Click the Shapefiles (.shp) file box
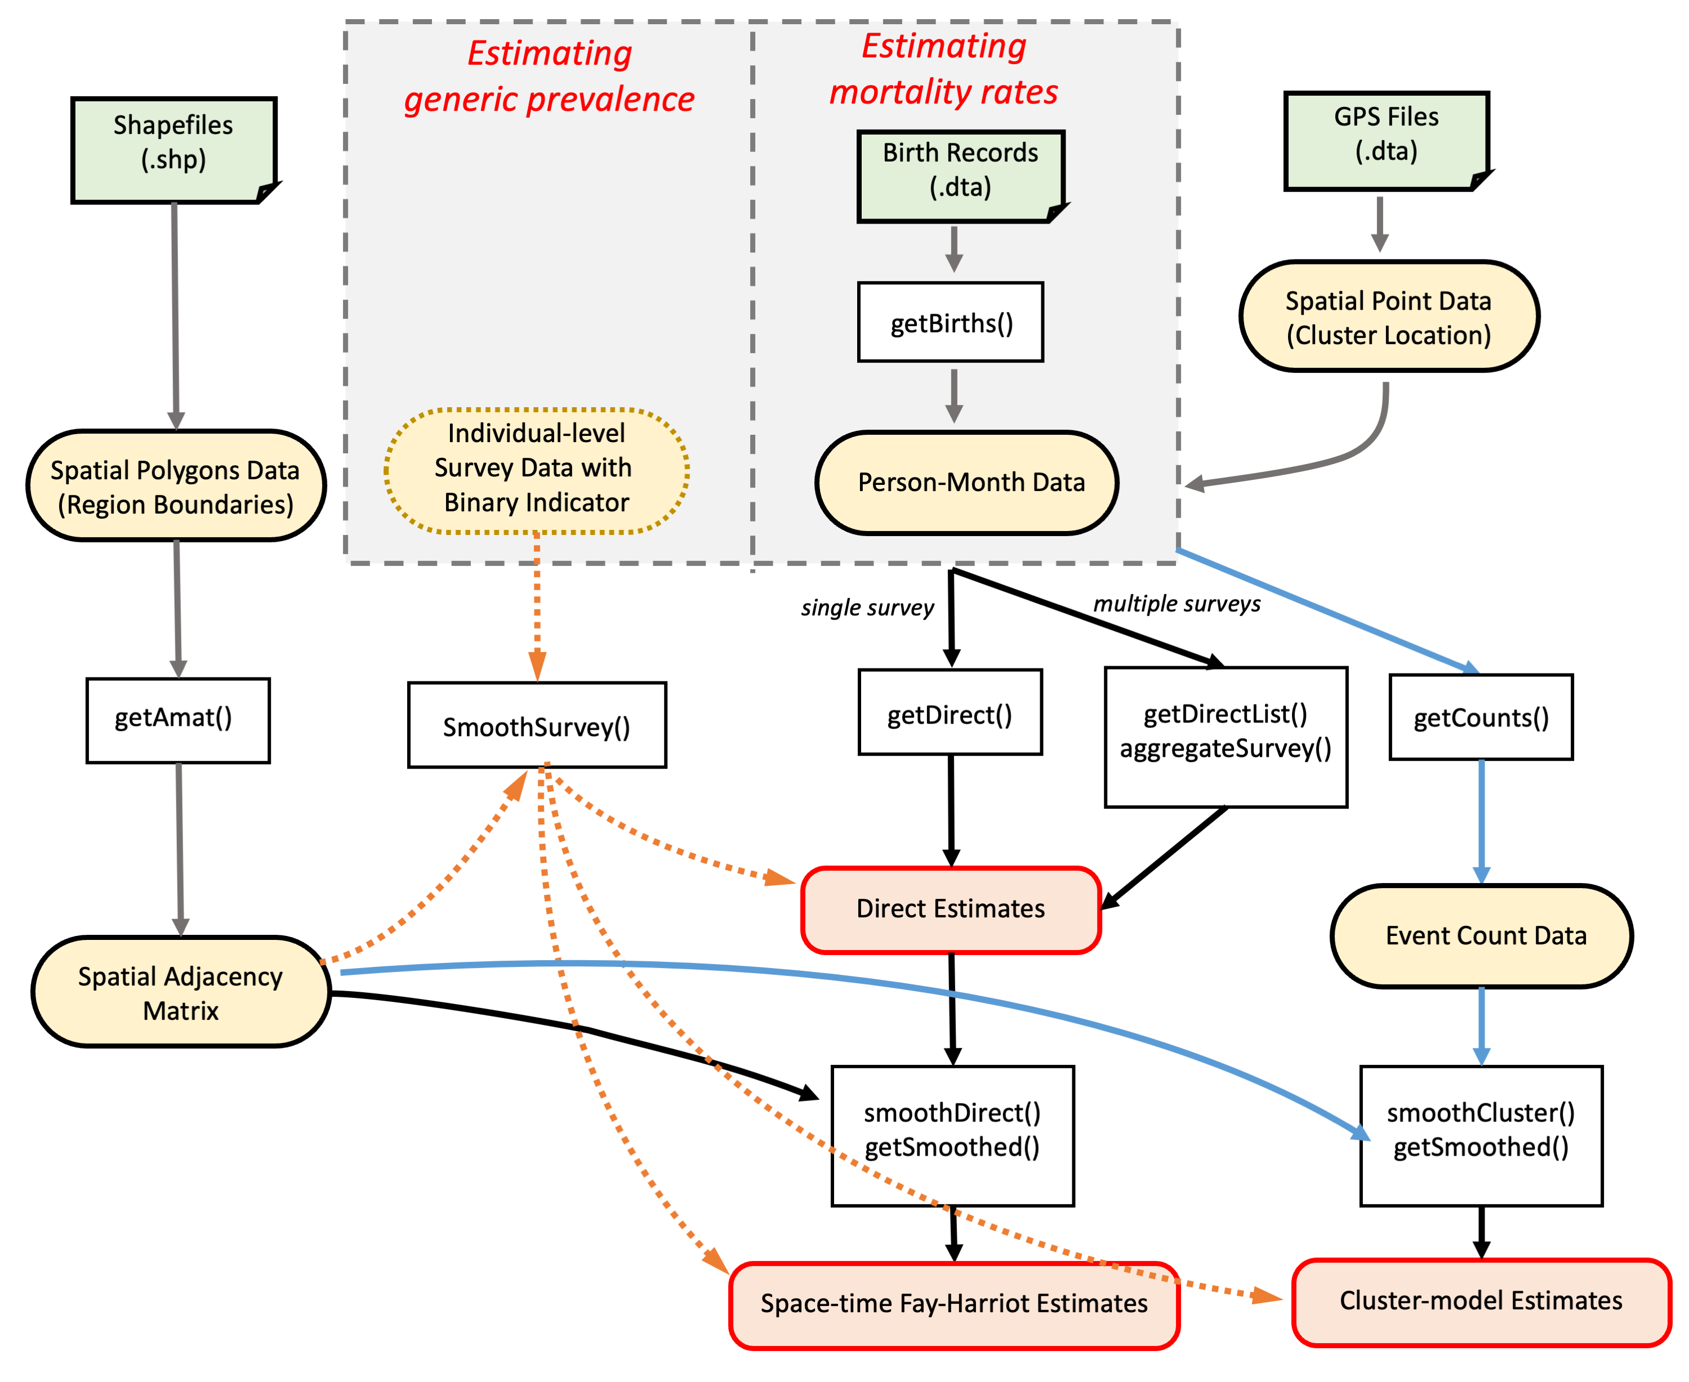(x=173, y=150)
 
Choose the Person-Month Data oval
(x=966, y=483)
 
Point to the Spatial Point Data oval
(x=1388, y=317)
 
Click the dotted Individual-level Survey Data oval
(x=537, y=470)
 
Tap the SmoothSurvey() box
(x=537, y=725)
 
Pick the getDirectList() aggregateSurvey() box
(x=1225, y=737)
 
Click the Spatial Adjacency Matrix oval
(x=181, y=991)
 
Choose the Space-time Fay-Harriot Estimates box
(x=953, y=1304)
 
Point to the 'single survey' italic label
(x=867, y=608)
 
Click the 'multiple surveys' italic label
(x=1176, y=604)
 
